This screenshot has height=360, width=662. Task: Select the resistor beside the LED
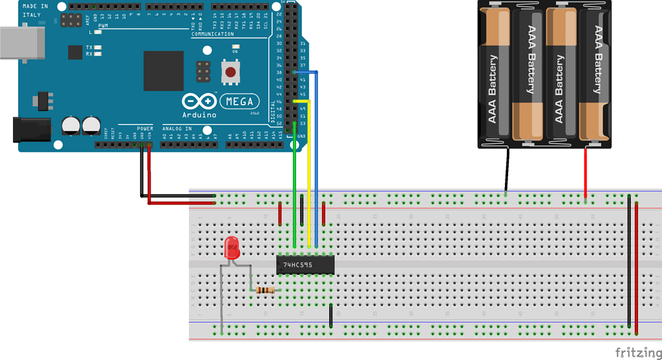click(264, 290)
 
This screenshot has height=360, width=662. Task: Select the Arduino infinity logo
click(199, 101)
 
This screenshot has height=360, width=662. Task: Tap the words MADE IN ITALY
click(36, 10)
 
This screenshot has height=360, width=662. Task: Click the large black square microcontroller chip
click(164, 70)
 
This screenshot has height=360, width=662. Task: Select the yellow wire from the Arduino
click(309, 175)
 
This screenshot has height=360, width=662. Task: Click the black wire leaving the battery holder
click(506, 171)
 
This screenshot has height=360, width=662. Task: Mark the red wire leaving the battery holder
click(586, 175)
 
